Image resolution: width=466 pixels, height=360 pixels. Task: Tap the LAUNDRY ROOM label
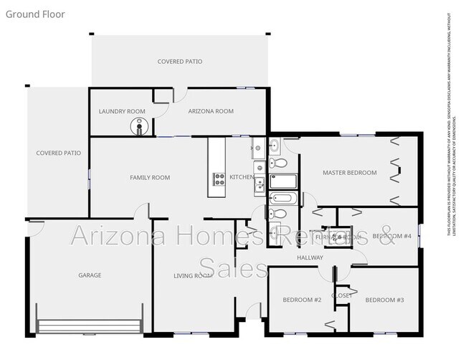coord(121,112)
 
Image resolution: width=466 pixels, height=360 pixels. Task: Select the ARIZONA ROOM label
coord(211,112)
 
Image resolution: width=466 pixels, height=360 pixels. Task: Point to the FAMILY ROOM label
coord(149,177)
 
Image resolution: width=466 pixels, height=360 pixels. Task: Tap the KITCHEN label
coord(241,177)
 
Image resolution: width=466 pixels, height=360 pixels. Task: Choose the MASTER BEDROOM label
coord(349,173)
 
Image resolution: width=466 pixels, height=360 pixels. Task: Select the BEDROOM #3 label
coord(385,300)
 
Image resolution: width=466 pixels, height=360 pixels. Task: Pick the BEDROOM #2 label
coord(302,300)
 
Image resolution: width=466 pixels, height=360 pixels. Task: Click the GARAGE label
coord(90,275)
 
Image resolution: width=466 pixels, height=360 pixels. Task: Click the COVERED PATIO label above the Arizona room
coord(179,62)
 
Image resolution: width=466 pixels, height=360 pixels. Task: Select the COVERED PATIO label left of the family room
coord(58,153)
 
